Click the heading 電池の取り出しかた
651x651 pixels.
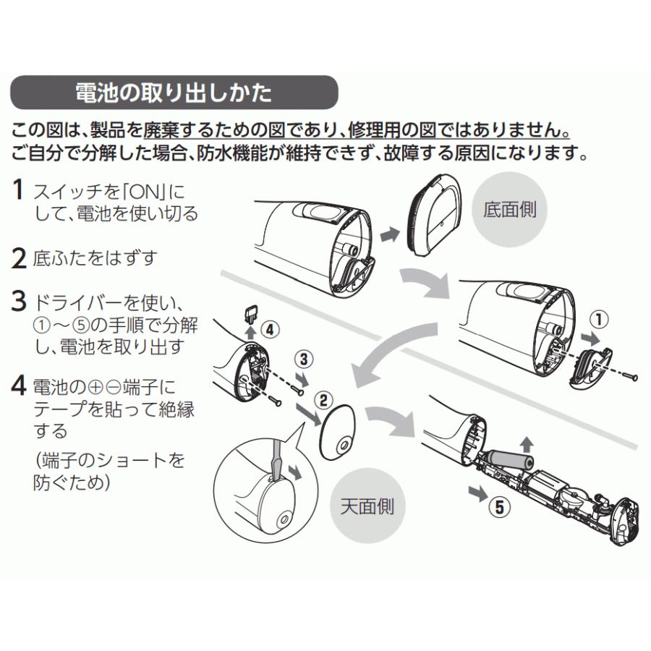(x=174, y=93)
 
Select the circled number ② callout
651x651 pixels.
(x=323, y=398)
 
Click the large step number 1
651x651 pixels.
(x=20, y=192)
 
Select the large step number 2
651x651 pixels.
(x=20, y=258)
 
